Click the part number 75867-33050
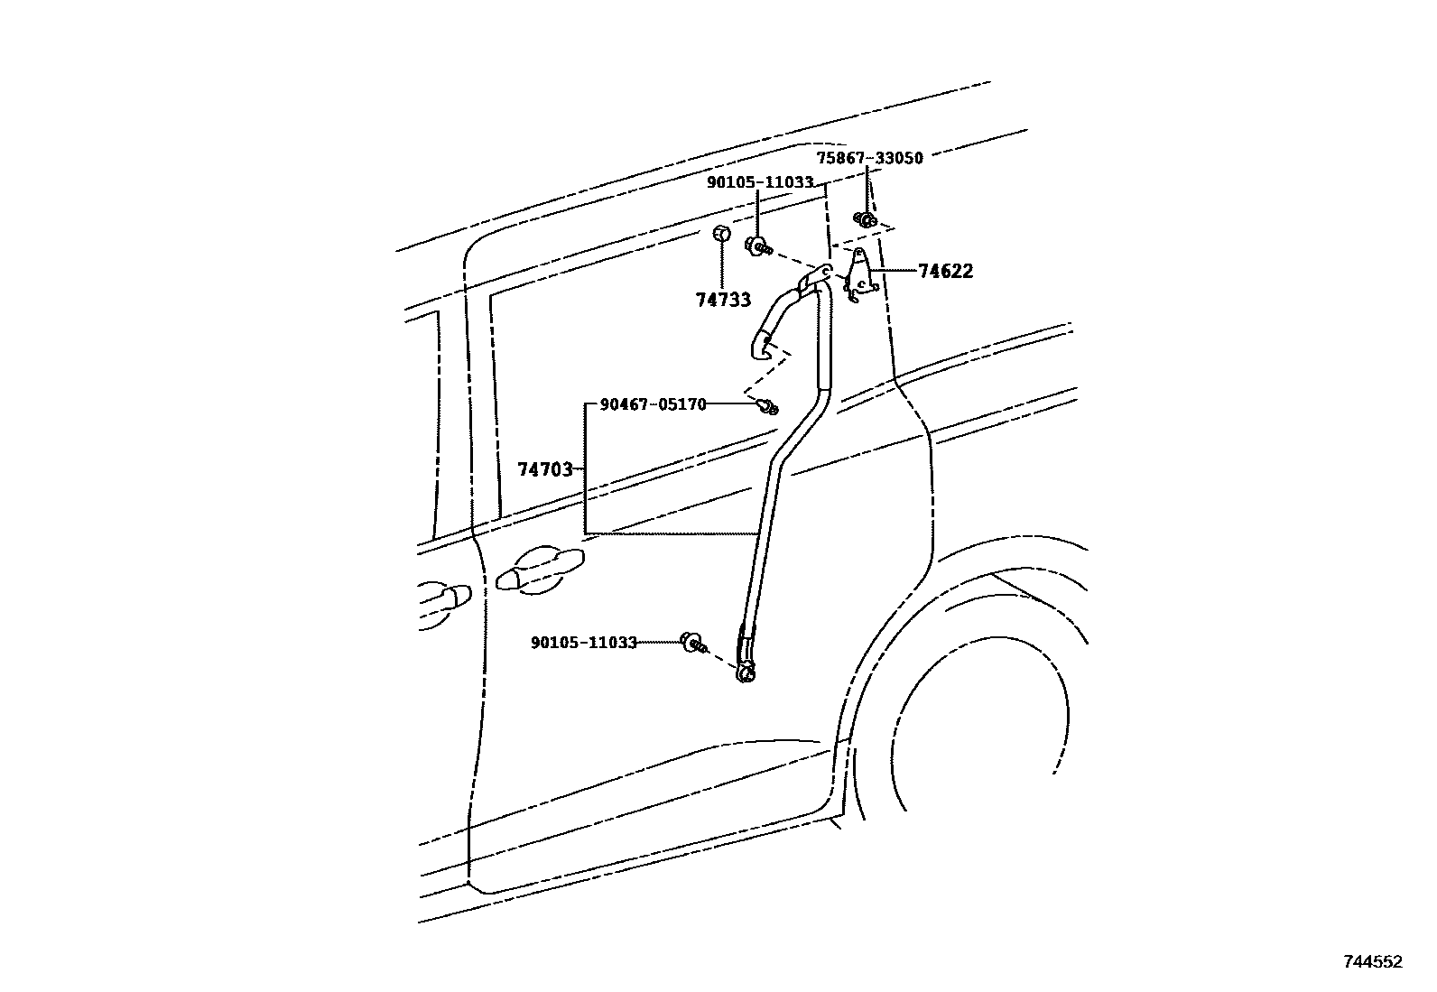(x=869, y=158)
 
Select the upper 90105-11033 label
(x=759, y=182)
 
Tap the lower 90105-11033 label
(x=583, y=643)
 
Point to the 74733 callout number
(x=723, y=301)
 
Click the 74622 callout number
(x=945, y=271)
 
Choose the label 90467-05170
(x=653, y=404)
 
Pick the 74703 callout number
(x=544, y=469)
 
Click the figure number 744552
(x=1373, y=962)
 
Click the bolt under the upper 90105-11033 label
(x=756, y=246)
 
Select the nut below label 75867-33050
(x=865, y=219)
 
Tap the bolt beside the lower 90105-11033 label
(x=695, y=643)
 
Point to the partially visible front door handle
(x=444, y=599)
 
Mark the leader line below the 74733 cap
(x=722, y=266)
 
